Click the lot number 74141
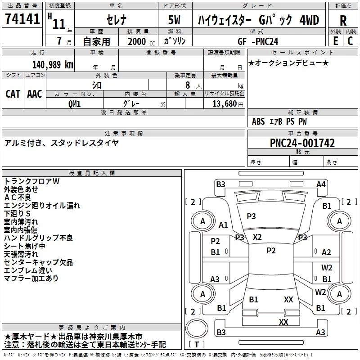tap(22, 18)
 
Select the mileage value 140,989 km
tap(53, 65)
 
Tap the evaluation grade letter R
tap(343, 21)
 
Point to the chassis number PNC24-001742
tap(302, 143)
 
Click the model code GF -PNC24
tap(258, 41)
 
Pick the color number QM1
tap(74, 104)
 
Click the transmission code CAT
tap(13, 94)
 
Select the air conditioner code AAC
tap(35, 94)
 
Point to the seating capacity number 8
tap(188, 85)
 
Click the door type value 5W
tap(174, 20)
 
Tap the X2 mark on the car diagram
tap(257, 237)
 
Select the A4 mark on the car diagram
tap(321, 184)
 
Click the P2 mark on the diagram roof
tap(271, 250)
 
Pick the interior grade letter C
tap(350, 41)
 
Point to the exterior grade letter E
tap(336, 41)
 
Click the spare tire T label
tap(197, 344)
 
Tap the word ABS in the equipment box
tap(258, 121)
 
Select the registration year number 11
tap(59, 24)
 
